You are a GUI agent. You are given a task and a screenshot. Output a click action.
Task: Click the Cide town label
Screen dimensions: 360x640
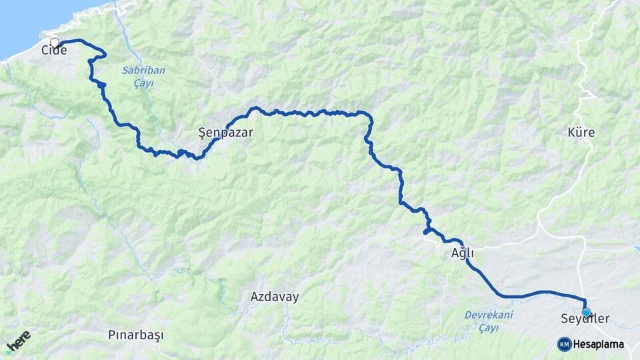[54, 50]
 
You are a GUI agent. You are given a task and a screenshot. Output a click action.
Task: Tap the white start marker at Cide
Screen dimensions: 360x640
[55, 43]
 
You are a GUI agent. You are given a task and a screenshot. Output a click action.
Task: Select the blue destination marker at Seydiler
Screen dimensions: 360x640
[586, 311]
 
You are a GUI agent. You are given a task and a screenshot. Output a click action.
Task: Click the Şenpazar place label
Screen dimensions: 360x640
[226, 133]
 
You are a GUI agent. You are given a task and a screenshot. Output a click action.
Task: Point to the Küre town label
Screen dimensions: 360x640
[581, 133]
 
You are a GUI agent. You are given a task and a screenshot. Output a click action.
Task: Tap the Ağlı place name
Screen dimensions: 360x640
[462, 253]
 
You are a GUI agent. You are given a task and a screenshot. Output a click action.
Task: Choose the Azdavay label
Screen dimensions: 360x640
[275, 297]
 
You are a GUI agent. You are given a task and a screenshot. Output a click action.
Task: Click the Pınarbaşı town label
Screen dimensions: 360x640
[135, 335]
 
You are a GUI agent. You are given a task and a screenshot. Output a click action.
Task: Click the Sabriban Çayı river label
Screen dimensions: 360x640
[143, 76]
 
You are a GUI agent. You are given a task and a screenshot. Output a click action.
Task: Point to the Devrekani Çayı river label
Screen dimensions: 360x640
[489, 321]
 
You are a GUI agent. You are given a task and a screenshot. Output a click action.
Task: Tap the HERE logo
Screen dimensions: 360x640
[18, 341]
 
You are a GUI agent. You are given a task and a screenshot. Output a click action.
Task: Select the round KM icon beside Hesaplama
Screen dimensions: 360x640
[564, 345]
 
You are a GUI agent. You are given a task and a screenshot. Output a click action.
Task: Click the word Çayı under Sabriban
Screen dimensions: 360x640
[143, 83]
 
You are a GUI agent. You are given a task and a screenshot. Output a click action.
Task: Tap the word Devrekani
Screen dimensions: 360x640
[489, 315]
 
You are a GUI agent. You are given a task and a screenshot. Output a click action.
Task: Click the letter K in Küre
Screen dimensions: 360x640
[571, 133]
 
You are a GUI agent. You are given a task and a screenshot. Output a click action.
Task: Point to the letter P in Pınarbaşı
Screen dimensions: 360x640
[111, 335]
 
